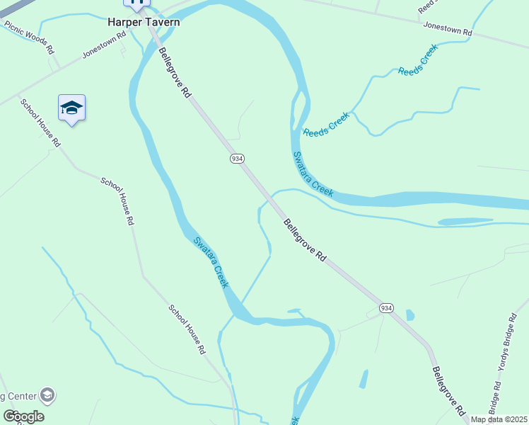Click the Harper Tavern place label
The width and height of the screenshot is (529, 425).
pos(144,22)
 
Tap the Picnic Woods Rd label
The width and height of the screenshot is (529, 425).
pos(29,38)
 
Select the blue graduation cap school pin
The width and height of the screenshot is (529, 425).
pos(71,108)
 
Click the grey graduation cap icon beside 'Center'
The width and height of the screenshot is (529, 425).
pos(47,395)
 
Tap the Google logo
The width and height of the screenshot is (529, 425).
pos(23,416)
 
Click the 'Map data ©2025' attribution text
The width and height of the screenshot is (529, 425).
pos(499,419)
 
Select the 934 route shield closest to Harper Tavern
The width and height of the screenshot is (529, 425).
pos(237,159)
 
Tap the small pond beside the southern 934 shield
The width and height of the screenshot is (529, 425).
pos(411,315)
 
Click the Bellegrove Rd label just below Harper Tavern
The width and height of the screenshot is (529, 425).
pos(175,72)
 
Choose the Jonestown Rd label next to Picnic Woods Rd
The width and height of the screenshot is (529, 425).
pos(99,47)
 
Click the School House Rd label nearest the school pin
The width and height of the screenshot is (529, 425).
pos(40,122)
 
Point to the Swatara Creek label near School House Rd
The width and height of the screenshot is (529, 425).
pos(211,261)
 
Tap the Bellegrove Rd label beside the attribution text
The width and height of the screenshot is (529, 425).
pos(449,390)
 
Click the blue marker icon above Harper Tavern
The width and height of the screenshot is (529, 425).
pos(137,3)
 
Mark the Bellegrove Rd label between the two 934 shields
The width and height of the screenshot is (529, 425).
pos(306,241)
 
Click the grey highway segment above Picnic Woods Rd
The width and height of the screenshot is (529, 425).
pos(11,10)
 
